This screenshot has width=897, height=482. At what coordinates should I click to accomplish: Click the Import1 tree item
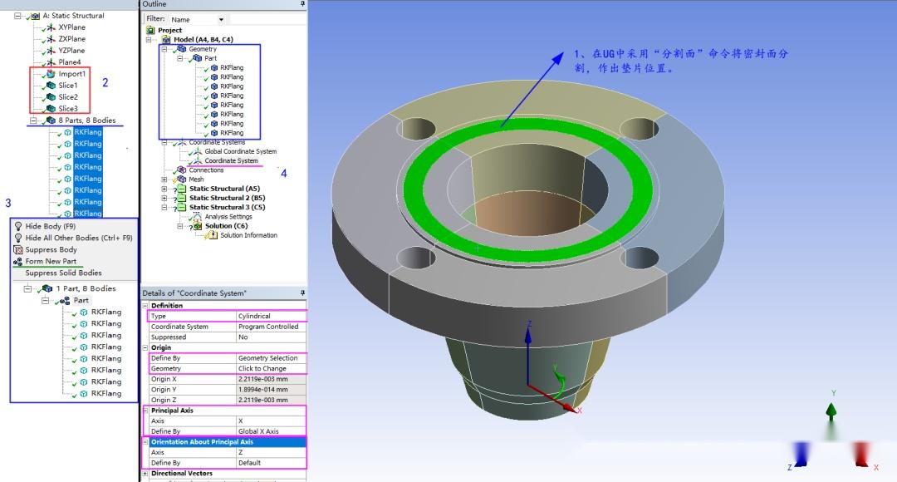[71, 74]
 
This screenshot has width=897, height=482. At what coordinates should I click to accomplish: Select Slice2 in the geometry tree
[67, 97]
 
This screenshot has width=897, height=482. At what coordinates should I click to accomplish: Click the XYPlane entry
[71, 27]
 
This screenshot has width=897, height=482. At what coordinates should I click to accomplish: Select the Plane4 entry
[70, 62]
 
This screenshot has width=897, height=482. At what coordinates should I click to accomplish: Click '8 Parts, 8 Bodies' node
[86, 120]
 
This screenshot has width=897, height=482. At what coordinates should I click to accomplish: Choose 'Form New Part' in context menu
[51, 261]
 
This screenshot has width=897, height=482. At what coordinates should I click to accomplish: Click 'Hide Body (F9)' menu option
[50, 226]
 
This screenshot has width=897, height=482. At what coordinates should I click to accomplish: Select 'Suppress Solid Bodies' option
[63, 273]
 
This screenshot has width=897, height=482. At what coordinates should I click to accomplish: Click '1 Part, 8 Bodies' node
[86, 288]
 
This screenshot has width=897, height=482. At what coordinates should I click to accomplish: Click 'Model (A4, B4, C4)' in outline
[203, 40]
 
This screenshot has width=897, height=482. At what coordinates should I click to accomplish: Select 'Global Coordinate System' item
[240, 151]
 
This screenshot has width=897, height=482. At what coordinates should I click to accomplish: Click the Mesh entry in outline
[196, 180]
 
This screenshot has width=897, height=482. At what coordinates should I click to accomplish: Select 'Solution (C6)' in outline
[226, 226]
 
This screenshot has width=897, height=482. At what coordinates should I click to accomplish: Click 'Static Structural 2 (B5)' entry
[227, 198]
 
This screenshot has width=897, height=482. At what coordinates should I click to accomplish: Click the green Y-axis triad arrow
[831, 411]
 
